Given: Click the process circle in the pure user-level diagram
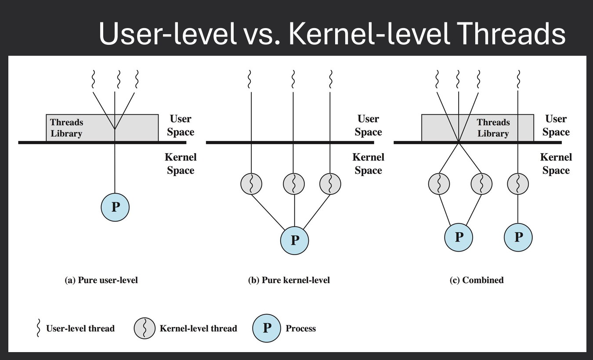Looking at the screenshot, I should [115, 207].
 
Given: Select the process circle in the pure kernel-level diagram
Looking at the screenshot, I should [294, 240].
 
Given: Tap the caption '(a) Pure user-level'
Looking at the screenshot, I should [101, 280].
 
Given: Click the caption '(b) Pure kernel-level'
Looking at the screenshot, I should [289, 280].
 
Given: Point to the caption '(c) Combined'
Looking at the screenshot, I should [476, 280].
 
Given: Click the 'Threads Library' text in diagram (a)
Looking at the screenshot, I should [66, 128].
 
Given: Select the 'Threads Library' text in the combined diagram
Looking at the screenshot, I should [493, 128].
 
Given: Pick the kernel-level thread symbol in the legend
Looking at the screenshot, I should [145, 328].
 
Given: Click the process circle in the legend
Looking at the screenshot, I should [266, 328].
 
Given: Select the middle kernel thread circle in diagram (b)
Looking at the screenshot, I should [294, 184].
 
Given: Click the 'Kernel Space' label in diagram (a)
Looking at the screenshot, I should [181, 164].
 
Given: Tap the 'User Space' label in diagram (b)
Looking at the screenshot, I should [368, 126].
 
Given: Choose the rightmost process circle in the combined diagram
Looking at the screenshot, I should [518, 238].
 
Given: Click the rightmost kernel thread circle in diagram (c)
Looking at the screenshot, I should [518, 184].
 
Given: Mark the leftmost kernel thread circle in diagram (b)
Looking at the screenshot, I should [251, 184].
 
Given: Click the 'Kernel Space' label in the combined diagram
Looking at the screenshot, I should [556, 164].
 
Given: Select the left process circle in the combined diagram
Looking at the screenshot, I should [459, 238].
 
